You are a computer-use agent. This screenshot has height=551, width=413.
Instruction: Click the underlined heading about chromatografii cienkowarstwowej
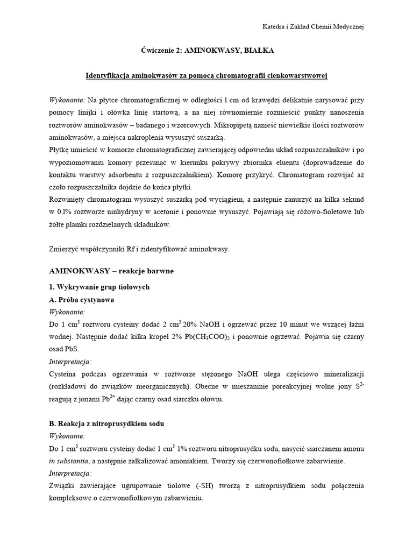(206, 76)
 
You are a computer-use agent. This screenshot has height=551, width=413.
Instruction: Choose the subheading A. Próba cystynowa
(81, 300)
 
